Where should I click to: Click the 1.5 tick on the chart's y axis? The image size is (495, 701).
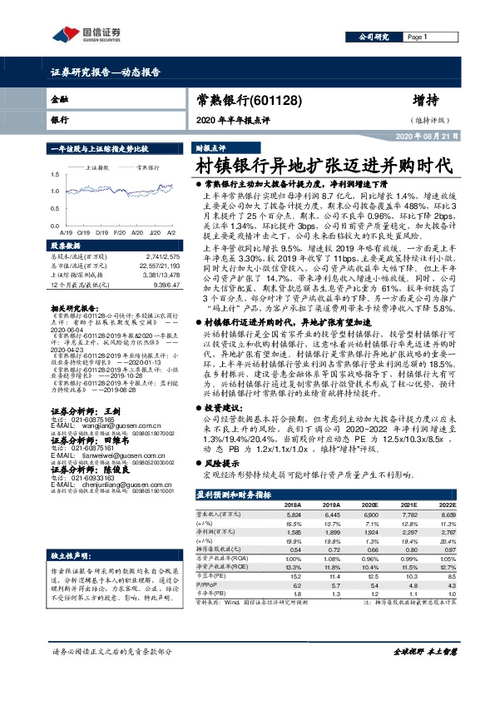click(54, 175)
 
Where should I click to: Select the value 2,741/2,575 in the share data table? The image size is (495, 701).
click(162, 257)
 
